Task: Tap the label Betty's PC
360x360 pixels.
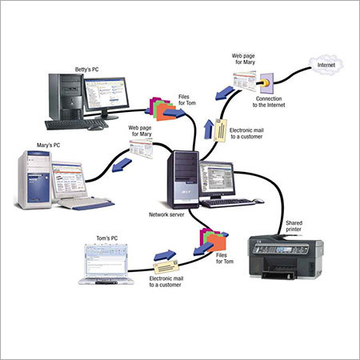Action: point(90,68)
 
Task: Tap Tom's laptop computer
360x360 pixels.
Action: point(106,266)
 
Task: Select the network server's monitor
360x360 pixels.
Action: point(217,178)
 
